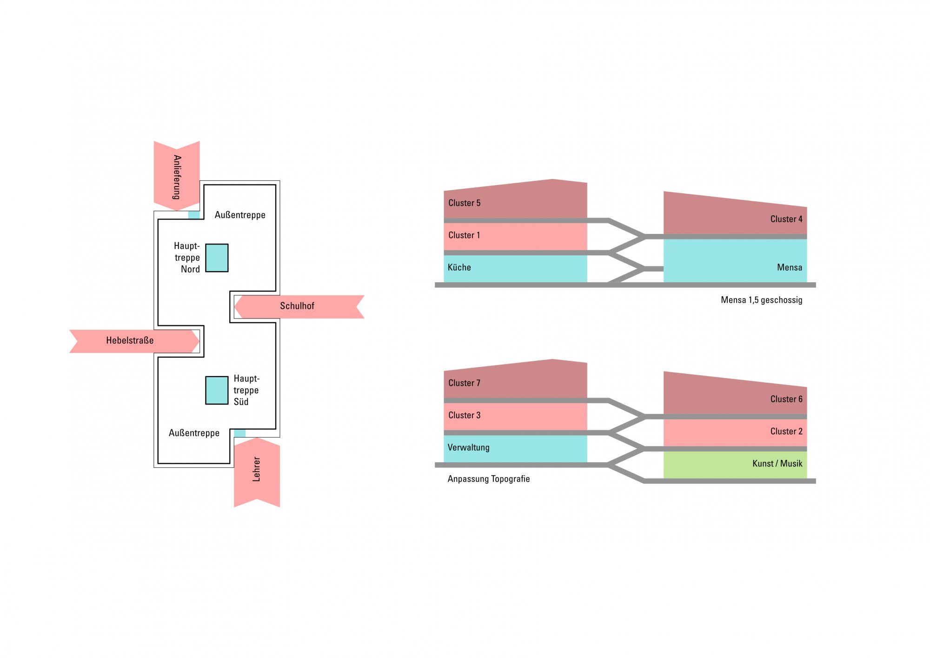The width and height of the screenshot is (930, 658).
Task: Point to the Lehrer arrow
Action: [x=257, y=470]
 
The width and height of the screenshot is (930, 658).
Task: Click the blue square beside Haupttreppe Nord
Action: [x=217, y=258]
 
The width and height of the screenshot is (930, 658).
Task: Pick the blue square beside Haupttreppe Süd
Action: [x=217, y=390]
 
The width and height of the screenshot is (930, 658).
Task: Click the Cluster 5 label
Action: [x=464, y=203]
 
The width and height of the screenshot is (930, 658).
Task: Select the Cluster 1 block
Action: [x=515, y=236]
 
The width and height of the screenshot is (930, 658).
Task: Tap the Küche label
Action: [x=459, y=268]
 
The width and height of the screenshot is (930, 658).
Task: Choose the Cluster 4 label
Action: [x=786, y=219]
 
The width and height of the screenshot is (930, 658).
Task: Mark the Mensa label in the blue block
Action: [x=789, y=267]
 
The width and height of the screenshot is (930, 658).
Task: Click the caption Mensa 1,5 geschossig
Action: [x=761, y=300]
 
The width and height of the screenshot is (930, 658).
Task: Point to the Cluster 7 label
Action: [x=464, y=383]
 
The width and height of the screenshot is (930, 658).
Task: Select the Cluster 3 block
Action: [x=515, y=416]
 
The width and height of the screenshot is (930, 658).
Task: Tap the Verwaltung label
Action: [x=468, y=448]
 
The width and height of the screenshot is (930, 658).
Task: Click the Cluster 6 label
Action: [x=786, y=399]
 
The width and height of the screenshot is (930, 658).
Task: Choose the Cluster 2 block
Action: [x=735, y=432]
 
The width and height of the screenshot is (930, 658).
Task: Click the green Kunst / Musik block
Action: [x=735, y=465]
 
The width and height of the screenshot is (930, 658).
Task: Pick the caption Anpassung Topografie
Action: [x=488, y=479]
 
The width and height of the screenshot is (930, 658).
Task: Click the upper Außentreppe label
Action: [x=240, y=215]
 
